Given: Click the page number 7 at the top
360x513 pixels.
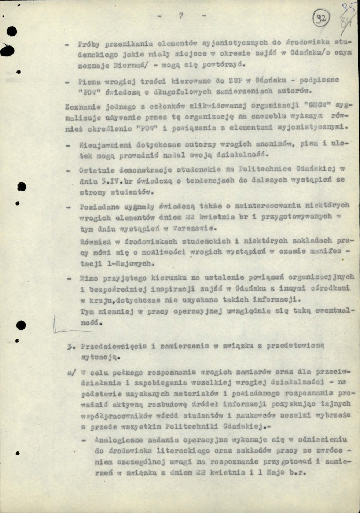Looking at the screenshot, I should point(180,16).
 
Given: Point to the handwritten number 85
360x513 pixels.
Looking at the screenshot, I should point(345,8).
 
